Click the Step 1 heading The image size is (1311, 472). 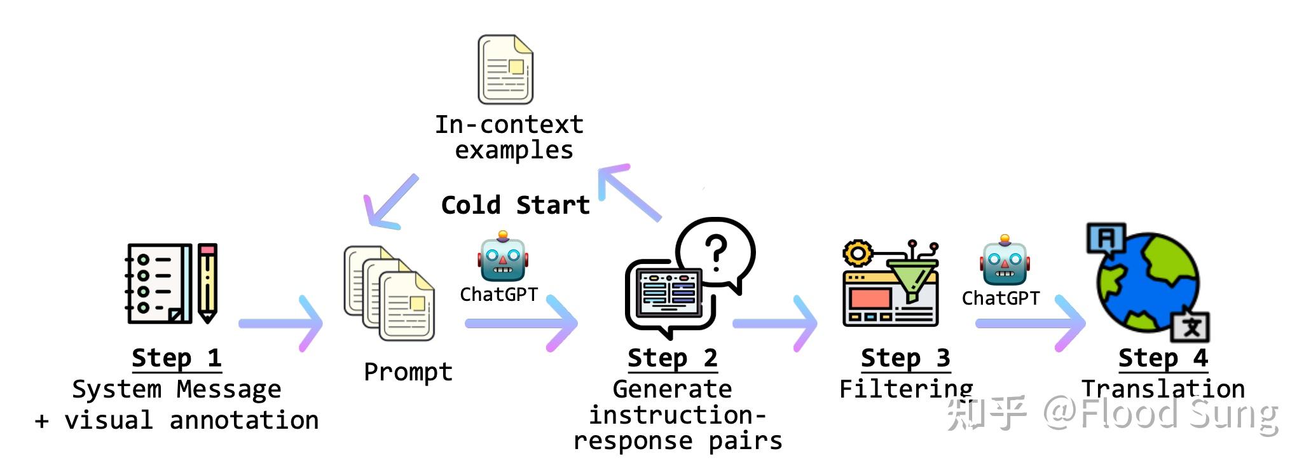(x=177, y=358)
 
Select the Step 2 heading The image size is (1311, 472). (x=673, y=358)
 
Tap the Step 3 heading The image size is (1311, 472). (x=906, y=358)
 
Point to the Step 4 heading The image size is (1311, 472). (x=1163, y=358)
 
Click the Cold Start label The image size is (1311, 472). (x=516, y=205)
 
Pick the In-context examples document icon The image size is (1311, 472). (x=505, y=69)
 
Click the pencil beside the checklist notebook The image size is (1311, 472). (x=208, y=283)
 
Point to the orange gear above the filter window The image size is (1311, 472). (x=858, y=254)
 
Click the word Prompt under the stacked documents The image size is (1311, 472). (x=408, y=372)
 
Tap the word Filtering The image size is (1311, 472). (x=906, y=389)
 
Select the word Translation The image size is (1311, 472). (x=1163, y=389)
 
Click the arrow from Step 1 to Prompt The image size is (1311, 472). (x=280, y=324)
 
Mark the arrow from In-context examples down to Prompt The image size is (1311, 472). (x=390, y=202)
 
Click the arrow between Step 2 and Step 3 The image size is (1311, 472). (x=775, y=324)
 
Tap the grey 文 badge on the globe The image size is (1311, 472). (x=1191, y=327)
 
